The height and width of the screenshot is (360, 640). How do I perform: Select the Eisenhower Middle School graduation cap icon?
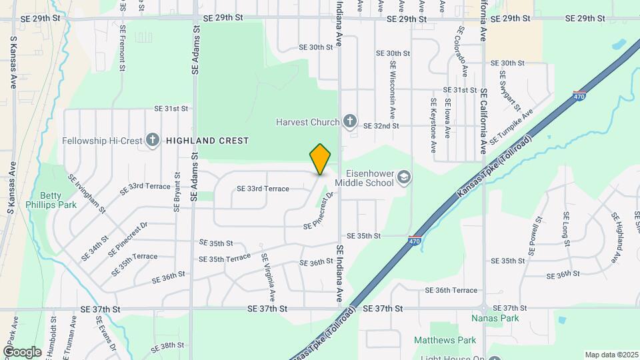403,177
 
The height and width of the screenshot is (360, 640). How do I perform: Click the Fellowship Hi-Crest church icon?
153,141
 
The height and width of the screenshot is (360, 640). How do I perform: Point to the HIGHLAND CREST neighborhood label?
207,141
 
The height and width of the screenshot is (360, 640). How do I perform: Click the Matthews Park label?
445,340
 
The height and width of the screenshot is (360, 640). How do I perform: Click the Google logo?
21,351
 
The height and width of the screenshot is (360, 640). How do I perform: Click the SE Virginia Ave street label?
268,276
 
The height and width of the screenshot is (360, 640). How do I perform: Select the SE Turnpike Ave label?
512,127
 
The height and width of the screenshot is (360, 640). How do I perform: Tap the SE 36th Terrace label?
451,291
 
